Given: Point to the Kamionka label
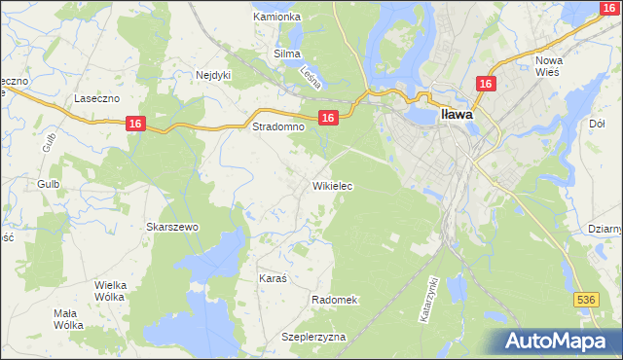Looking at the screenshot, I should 276,18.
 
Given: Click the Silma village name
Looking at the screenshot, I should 287,54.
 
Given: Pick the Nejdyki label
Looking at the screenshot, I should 213,74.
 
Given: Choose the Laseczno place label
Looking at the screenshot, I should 97,99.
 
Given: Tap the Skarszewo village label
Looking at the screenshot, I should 172,227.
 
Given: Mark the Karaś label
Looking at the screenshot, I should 273,278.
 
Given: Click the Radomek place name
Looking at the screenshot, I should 336,300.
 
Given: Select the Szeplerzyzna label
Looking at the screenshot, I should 313,337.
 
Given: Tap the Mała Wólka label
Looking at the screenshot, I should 67,319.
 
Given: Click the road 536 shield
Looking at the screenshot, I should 585,301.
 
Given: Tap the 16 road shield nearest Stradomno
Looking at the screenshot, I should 328,118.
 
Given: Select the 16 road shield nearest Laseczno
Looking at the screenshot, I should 135,124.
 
